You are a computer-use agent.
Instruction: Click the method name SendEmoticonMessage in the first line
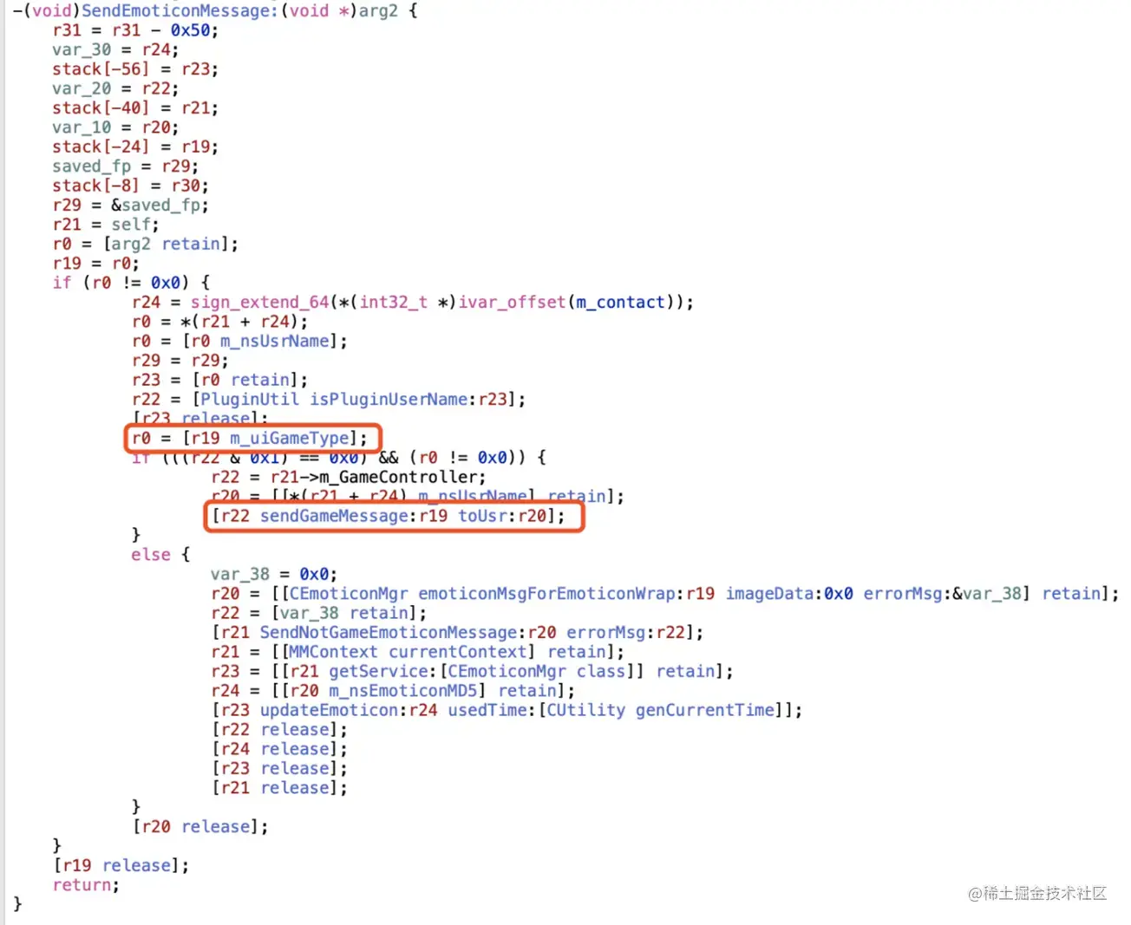pos(178,11)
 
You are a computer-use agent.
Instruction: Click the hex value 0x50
pos(190,30)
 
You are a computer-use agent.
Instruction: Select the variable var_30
pos(82,49)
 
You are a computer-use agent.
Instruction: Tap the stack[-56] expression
pos(101,69)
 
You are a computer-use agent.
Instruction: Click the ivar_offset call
pos(513,303)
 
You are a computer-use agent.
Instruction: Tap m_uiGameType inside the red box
pos(291,439)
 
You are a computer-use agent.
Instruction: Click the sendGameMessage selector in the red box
pos(334,516)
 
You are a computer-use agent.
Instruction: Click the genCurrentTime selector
pos(704,710)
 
